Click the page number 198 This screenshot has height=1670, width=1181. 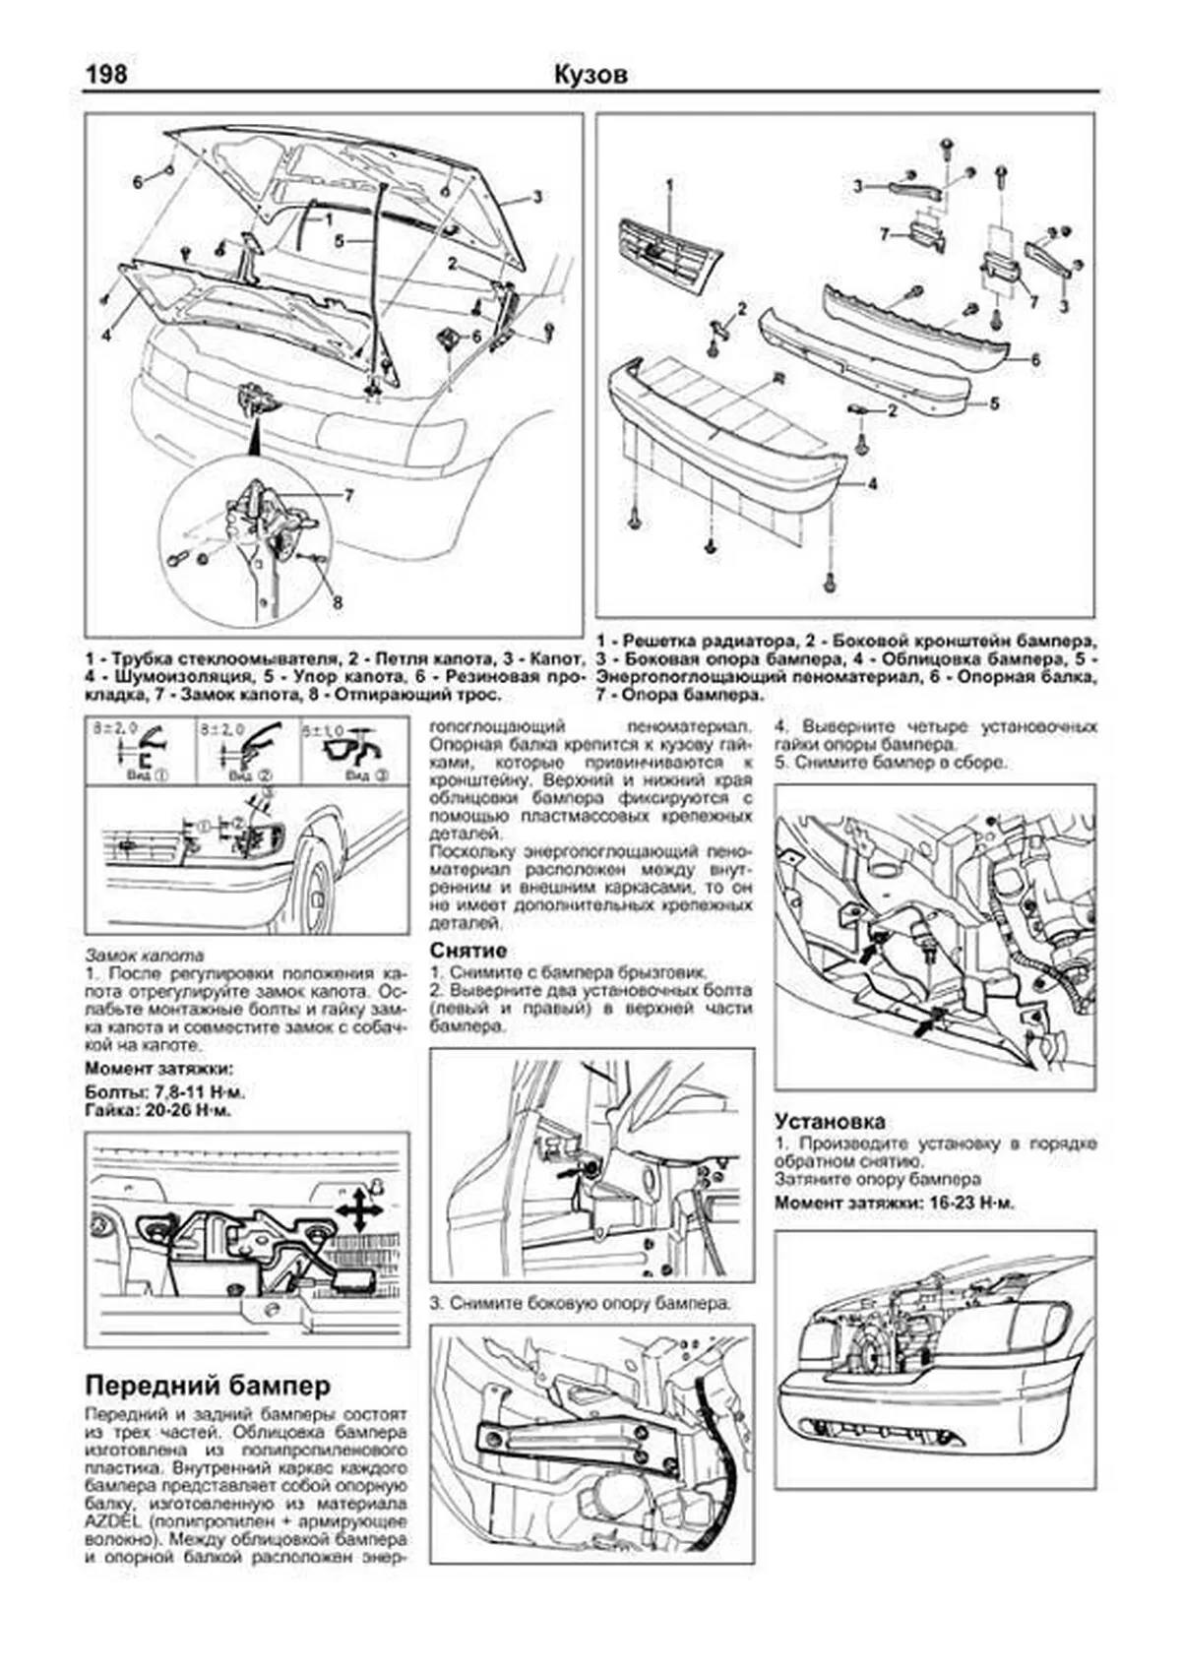[106, 75]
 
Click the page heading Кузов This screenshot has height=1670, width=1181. [590, 75]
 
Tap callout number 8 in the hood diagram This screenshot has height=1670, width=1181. [338, 601]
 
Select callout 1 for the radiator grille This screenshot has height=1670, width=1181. [669, 184]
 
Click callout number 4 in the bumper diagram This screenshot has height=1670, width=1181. [872, 484]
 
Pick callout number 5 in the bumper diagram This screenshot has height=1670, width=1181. [994, 402]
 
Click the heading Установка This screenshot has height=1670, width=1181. [829, 1120]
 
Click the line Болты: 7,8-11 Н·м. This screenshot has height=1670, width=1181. [164, 1092]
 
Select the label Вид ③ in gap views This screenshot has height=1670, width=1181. [368, 775]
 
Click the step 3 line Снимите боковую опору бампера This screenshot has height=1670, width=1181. [581, 1303]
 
